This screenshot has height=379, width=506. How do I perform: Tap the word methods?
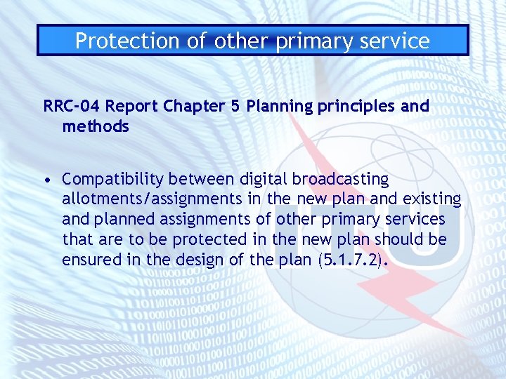tap(96, 126)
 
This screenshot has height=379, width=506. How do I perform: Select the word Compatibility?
tap(111, 180)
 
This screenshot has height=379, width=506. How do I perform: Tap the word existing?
tap(434, 199)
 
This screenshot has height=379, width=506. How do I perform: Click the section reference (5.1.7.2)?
tap(353, 260)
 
